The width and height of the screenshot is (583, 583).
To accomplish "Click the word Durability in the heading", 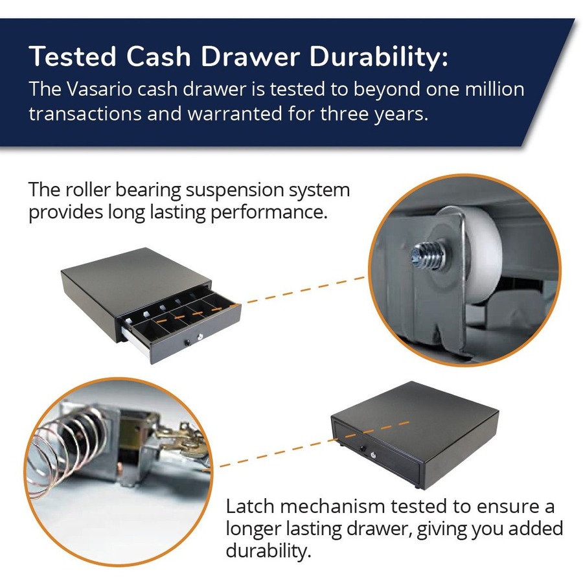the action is click(x=379, y=57).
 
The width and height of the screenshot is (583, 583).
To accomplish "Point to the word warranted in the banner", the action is click(x=234, y=113).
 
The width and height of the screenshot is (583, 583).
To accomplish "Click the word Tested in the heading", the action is click(x=73, y=57).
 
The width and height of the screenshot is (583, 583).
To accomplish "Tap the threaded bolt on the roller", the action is click(x=429, y=255).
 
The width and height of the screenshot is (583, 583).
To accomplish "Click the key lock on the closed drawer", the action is click(x=374, y=455).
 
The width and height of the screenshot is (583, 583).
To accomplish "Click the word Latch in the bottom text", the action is click(x=249, y=507).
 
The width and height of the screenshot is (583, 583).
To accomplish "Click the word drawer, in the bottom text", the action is click(x=379, y=529).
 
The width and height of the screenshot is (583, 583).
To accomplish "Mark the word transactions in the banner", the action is click(x=85, y=113).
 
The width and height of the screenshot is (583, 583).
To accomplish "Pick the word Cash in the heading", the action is click(x=159, y=57).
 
